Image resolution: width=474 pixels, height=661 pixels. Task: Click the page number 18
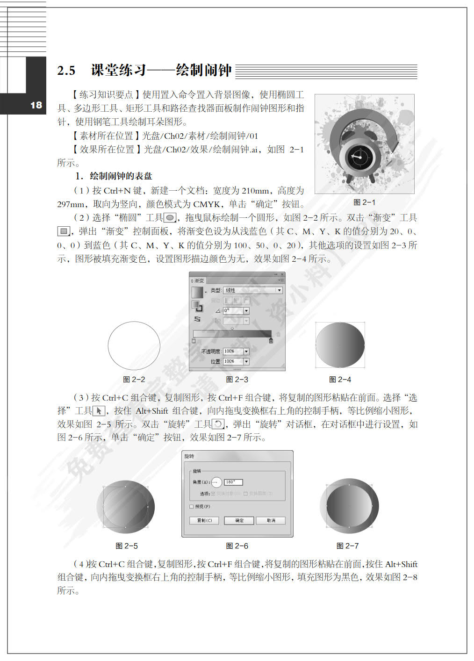(36, 105)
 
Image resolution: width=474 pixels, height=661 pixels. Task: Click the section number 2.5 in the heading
(66, 71)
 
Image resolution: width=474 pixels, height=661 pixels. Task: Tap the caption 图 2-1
(364, 202)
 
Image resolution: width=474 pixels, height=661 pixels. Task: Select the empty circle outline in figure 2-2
(134, 346)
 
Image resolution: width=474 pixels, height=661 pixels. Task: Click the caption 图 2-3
(237, 379)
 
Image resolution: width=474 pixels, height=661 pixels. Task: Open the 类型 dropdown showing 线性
(253, 290)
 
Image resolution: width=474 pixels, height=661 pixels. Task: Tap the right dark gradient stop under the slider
(271, 341)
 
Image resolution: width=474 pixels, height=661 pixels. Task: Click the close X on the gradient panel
(282, 274)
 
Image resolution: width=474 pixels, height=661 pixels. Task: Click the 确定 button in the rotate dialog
(239, 520)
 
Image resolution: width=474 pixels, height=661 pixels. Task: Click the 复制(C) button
(204, 520)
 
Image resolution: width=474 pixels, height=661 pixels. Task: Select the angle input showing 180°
(233, 482)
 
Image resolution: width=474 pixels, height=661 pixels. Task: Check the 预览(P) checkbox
(192, 506)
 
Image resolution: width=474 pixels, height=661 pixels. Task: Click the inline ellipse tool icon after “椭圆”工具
(170, 217)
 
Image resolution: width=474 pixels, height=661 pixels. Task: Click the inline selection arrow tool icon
(99, 411)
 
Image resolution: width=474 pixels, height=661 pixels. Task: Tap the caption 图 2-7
(347, 546)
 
